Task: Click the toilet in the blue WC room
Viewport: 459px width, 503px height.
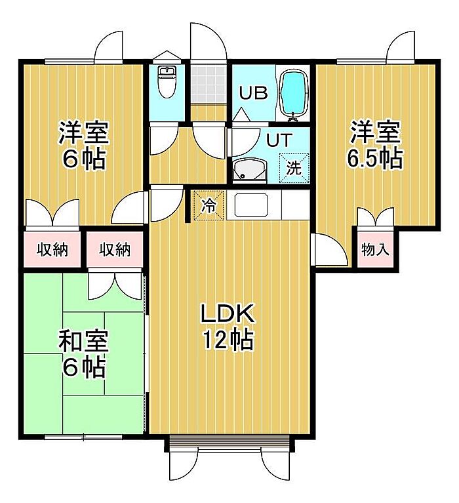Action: (167, 82)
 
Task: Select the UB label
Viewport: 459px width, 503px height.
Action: (253, 92)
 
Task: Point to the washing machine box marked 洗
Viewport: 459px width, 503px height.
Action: (294, 168)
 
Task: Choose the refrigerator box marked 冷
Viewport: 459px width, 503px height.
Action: (209, 205)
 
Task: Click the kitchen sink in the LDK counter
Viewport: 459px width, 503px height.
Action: (251, 205)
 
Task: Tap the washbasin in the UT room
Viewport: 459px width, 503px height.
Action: (250, 170)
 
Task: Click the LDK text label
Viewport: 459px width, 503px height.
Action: (228, 313)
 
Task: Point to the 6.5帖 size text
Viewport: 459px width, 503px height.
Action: (375, 158)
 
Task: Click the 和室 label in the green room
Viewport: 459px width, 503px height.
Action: (83, 340)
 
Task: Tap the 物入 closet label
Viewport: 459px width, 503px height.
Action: (375, 249)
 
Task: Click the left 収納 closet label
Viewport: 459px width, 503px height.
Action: (52, 249)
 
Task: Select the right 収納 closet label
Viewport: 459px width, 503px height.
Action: (115, 249)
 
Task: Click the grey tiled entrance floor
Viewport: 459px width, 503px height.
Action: (207, 85)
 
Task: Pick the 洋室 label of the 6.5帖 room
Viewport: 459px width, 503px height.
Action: (376, 131)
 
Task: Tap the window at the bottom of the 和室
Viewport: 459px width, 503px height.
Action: (83, 437)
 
